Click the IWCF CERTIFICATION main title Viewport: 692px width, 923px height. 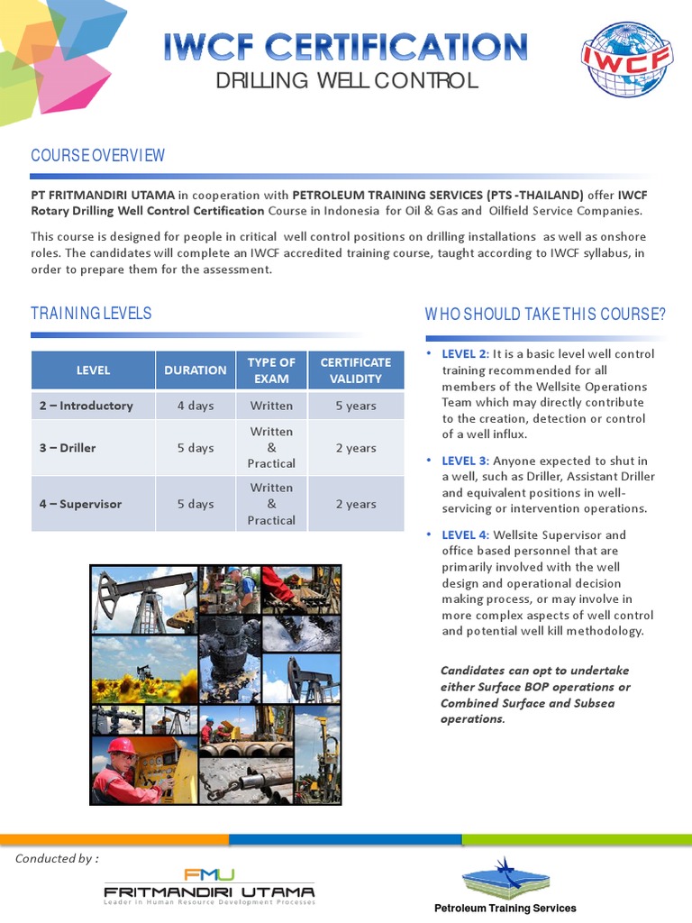coord(346,46)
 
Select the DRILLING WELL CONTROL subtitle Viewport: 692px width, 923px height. coord(346,82)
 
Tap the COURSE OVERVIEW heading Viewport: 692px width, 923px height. coord(97,155)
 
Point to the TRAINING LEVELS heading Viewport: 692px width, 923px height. coord(91,314)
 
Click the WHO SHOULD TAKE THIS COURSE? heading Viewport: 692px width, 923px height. coord(545,314)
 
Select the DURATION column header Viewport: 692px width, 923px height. coord(196,370)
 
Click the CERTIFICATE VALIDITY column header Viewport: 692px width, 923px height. coord(356,370)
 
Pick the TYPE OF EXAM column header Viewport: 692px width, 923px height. coord(271,370)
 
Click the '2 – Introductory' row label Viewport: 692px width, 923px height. coord(86,406)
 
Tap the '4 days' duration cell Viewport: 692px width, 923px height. coord(196,406)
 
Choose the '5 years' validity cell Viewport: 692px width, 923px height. coord(356,406)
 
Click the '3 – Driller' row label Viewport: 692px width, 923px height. coord(68,448)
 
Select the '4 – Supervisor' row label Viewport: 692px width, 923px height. coord(80,504)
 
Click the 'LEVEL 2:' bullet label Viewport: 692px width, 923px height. coord(465,354)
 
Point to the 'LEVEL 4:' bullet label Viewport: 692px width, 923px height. coord(465,535)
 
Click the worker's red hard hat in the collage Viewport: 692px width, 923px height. coord(121,745)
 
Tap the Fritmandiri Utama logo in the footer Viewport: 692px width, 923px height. coord(209,886)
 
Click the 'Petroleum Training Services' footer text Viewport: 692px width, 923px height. coord(505,908)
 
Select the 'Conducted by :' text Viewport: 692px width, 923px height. coord(57,858)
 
